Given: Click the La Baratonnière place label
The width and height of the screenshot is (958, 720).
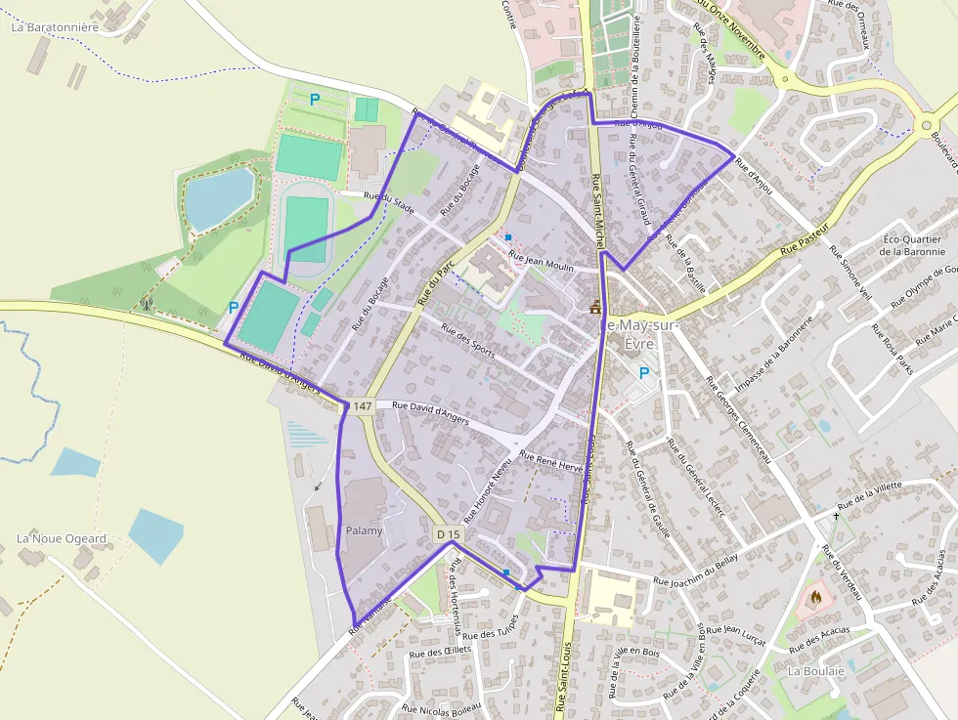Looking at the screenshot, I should click(55, 27).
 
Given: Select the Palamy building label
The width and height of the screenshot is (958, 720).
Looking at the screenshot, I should click(364, 530).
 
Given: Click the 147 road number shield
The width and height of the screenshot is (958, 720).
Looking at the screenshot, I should click(363, 405).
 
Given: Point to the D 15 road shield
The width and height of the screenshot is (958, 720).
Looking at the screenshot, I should click(448, 534).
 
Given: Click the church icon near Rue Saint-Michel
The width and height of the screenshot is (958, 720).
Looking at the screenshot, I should click(594, 307).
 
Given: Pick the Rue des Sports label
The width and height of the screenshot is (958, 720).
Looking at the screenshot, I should click(468, 341).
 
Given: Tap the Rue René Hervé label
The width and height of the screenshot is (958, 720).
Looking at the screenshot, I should click(551, 462).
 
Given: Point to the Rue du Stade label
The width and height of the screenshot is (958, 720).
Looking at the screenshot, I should click(389, 203).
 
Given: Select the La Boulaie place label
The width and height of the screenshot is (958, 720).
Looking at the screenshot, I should click(809, 671).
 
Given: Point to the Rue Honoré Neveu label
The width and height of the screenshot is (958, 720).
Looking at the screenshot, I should click(494, 487).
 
